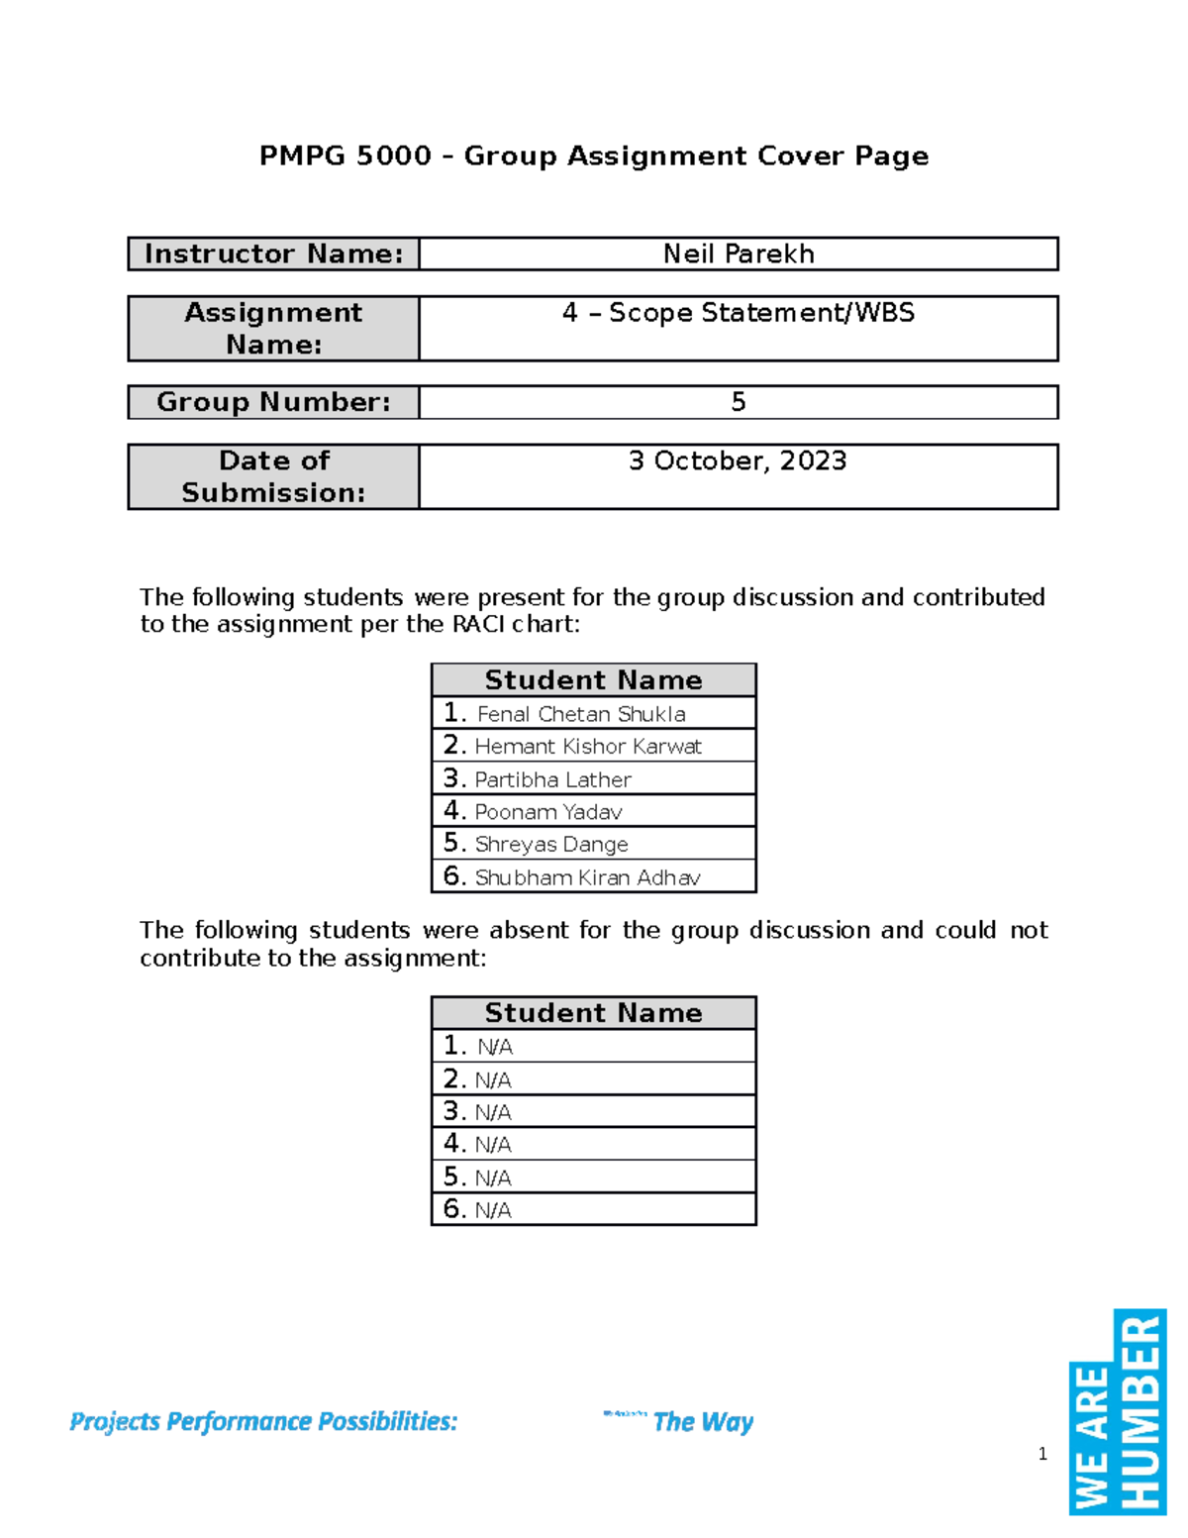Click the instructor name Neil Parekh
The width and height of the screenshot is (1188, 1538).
pyautogui.click(x=739, y=255)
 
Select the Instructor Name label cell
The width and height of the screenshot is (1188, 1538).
pyautogui.click(x=274, y=255)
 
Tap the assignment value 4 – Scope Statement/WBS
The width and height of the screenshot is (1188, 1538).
pyautogui.click(x=739, y=314)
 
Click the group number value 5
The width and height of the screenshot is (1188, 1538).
pyautogui.click(x=739, y=402)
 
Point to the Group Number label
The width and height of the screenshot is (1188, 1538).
pyautogui.click(x=274, y=402)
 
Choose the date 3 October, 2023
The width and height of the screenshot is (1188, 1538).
pyautogui.click(x=739, y=461)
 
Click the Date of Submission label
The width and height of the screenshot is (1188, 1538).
pyautogui.click(x=274, y=476)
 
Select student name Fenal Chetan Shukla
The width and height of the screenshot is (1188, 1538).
pyautogui.click(x=581, y=714)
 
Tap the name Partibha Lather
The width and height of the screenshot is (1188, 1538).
pyautogui.click(x=552, y=780)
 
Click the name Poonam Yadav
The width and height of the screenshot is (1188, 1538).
pyautogui.click(x=548, y=812)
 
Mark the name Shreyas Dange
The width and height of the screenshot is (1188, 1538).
pyautogui.click(x=551, y=845)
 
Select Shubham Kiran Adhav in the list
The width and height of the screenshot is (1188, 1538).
pyautogui.click(x=587, y=877)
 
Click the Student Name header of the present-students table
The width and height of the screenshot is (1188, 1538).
pyautogui.click(x=593, y=680)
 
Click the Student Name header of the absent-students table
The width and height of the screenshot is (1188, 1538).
pyautogui.click(x=593, y=1013)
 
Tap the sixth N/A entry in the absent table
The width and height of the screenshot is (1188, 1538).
pyautogui.click(x=493, y=1210)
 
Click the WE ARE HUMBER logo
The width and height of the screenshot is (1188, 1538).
pyautogui.click(x=1118, y=1413)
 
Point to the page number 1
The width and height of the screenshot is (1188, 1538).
pyautogui.click(x=1042, y=1454)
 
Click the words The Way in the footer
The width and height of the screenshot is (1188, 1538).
pyautogui.click(x=703, y=1422)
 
